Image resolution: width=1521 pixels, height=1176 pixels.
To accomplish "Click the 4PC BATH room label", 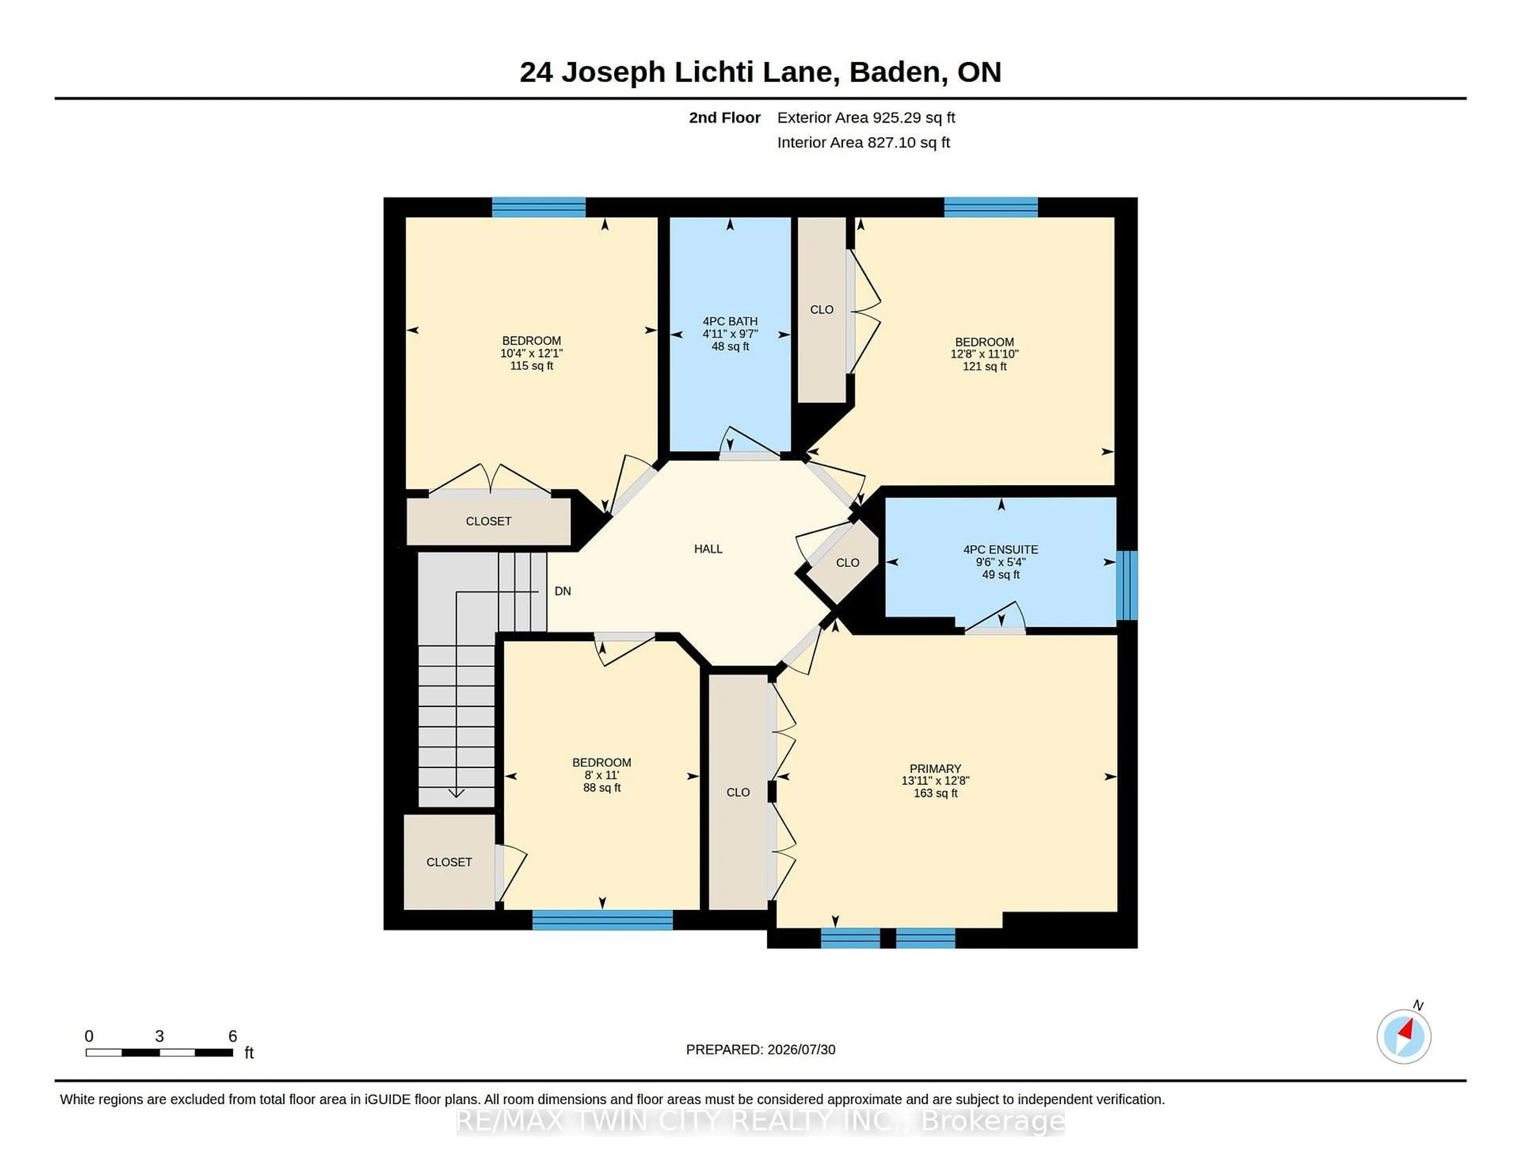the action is pos(730,321).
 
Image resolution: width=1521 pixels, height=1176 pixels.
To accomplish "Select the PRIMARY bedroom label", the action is pos(935,768).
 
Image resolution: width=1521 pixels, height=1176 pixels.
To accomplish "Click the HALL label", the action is pos(708,549).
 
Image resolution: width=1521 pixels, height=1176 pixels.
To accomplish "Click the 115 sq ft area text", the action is pos(532,366).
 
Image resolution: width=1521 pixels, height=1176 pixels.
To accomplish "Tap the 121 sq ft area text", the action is pos(985,367).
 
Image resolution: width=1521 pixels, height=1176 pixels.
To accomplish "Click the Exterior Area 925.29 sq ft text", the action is pos(866,118).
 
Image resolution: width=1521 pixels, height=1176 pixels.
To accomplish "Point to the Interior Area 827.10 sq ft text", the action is pos(863,143).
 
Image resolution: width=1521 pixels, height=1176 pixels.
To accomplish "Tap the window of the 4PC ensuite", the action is pos(1127,585).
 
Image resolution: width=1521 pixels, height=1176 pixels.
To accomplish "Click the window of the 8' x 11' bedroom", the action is pos(602,920).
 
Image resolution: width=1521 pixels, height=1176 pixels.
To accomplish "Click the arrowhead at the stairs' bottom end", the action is pos(456,793).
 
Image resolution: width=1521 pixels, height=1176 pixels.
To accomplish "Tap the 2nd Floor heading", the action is pos(724,118).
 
